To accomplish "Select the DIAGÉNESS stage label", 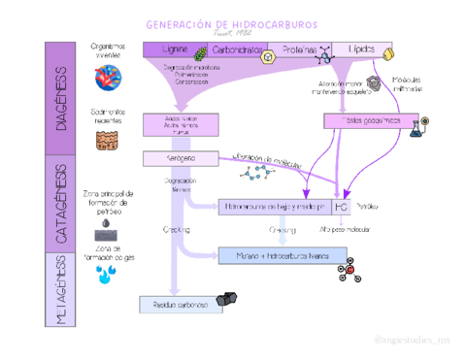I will click(61, 99).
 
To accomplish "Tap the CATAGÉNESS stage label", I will click(61, 204).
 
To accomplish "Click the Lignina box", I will click(175, 49).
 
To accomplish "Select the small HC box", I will click(341, 207).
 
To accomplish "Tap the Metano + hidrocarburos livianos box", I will click(276, 255).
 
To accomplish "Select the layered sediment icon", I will click(108, 142).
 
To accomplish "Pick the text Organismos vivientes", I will click(108, 50).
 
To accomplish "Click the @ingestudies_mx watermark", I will click(412, 342).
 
